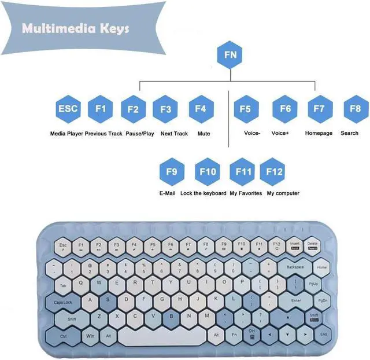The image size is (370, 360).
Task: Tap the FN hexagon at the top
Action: (230, 56)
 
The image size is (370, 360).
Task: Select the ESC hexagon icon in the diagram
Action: (68, 109)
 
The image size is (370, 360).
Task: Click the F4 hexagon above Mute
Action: (201, 109)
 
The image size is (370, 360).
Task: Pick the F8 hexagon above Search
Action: (355, 108)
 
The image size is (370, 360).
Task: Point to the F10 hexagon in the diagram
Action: (208, 172)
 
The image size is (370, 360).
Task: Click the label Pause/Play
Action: (140, 134)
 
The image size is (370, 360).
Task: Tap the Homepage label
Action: (319, 134)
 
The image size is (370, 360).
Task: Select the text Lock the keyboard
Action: (203, 193)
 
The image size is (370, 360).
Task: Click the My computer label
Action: (283, 193)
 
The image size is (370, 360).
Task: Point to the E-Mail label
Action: (167, 193)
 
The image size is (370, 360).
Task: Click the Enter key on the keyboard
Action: (296, 301)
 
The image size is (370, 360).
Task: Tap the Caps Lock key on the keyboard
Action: (63, 302)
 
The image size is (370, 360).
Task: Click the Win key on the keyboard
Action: (90, 335)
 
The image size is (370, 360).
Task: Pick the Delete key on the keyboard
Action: (313, 246)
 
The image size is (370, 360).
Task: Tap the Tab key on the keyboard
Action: (63, 285)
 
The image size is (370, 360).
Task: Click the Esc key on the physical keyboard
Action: (63, 247)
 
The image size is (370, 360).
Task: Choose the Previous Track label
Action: (103, 134)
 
